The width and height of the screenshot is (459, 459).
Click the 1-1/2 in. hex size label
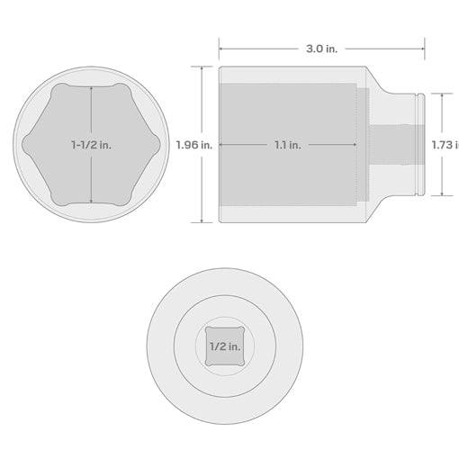91,144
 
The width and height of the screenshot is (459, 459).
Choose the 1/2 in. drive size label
224,346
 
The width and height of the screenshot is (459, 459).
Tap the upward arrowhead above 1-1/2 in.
91,90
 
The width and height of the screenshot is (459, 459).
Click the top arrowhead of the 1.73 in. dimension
441,94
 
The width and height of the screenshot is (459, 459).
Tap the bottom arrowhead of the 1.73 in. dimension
441,194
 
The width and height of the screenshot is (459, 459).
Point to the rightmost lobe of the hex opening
155,144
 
